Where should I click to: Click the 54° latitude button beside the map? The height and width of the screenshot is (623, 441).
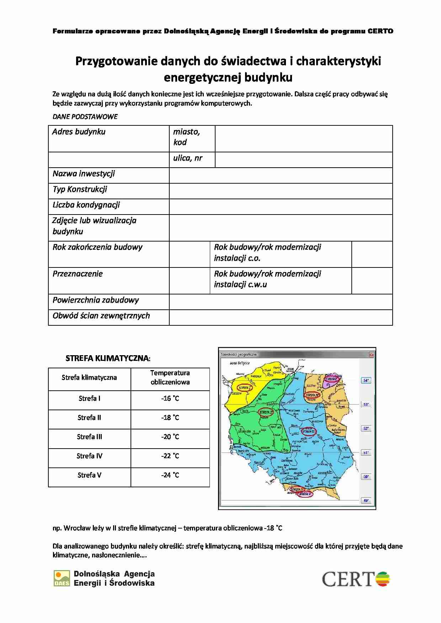click(366, 380)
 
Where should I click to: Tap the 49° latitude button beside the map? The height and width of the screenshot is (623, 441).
click(366, 500)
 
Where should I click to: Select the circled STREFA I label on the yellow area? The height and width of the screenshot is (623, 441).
click(244, 388)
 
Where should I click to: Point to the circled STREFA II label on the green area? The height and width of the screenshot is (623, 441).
click(266, 412)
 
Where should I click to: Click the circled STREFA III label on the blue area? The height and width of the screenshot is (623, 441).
click(308, 432)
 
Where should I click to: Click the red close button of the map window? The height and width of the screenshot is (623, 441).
click(372, 354)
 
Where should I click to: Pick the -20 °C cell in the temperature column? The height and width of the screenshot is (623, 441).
click(170, 437)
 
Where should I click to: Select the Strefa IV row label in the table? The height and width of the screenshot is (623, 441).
click(89, 456)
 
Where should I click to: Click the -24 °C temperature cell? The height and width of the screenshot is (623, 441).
click(170, 475)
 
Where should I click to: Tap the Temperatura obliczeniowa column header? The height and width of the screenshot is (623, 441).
click(170, 378)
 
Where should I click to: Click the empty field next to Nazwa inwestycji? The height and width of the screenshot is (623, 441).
click(281, 175)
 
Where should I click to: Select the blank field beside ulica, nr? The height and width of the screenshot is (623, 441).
click(303, 160)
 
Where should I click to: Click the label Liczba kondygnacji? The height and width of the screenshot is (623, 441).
click(86, 205)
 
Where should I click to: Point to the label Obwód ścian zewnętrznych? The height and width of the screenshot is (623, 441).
click(101, 316)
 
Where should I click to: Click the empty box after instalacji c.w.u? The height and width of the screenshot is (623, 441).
click(372, 281)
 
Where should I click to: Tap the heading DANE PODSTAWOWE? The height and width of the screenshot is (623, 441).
click(85, 117)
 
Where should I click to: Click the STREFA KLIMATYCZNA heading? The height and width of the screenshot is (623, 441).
click(108, 358)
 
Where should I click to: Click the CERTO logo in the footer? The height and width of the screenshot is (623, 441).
click(356, 579)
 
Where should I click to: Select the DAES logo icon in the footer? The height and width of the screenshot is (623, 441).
click(62, 578)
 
